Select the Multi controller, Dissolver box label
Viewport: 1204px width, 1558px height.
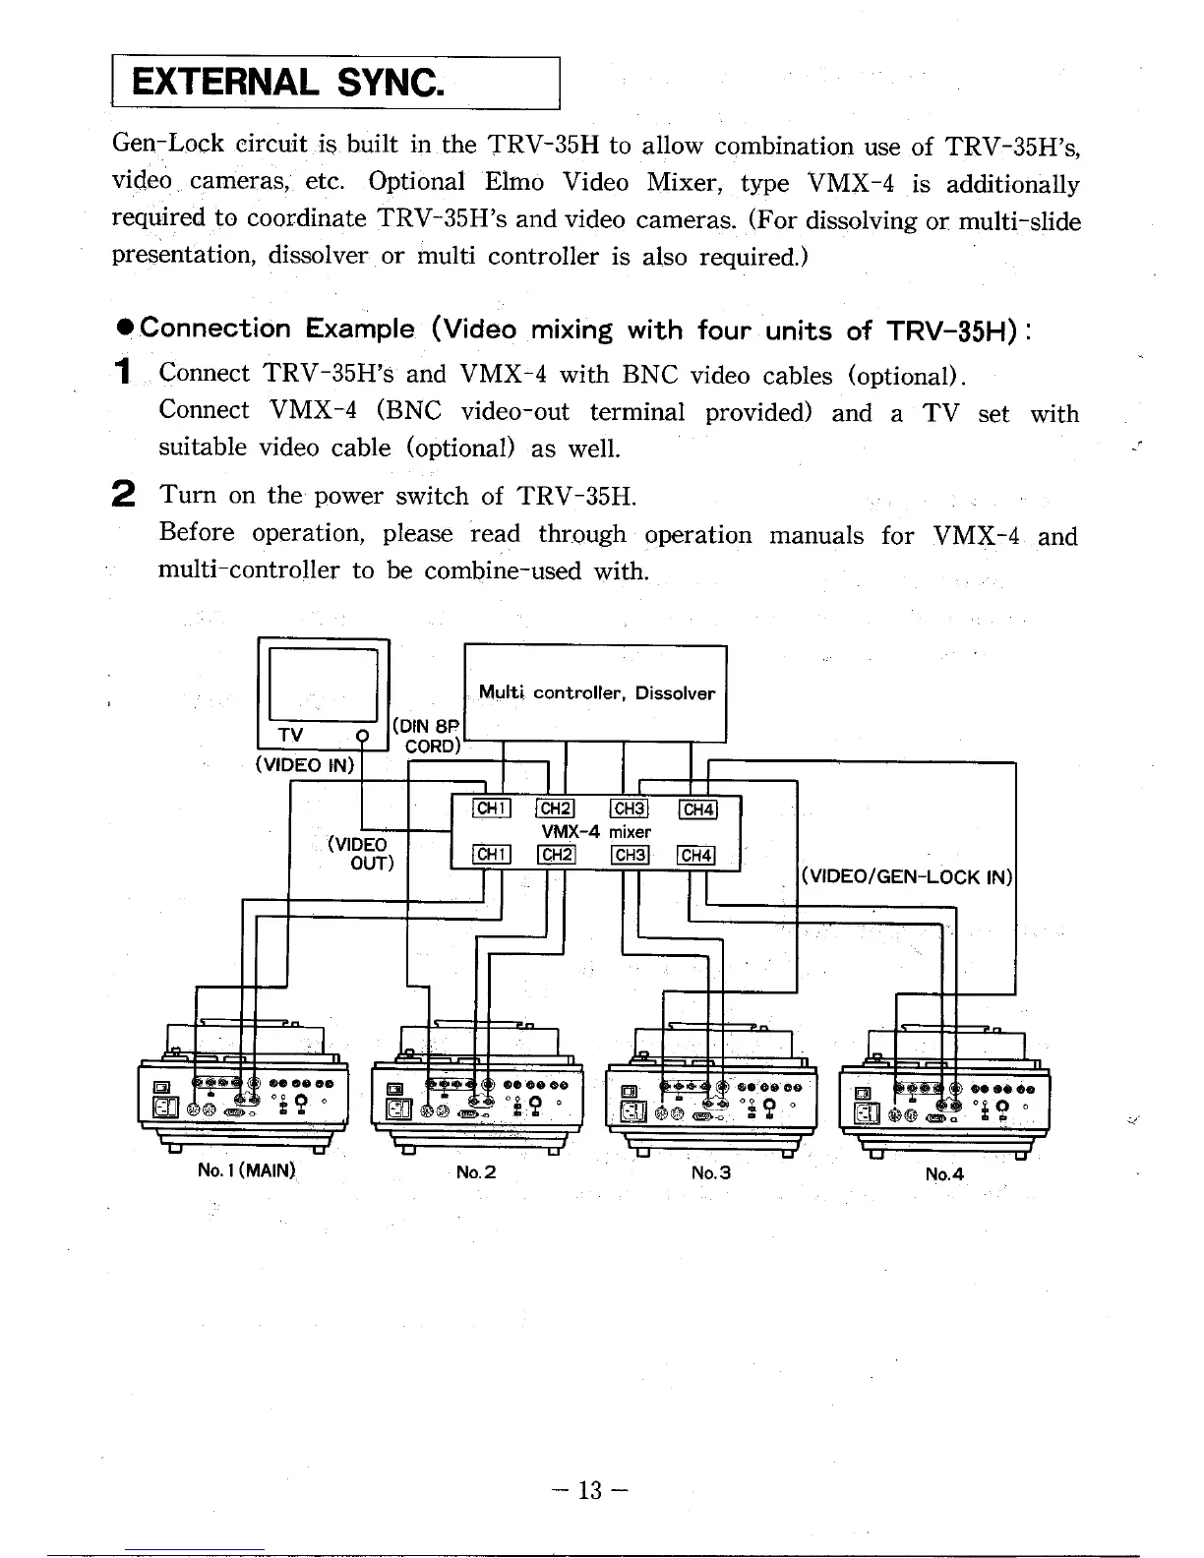pos(596,692)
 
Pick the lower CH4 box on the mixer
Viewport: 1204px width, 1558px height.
pos(696,855)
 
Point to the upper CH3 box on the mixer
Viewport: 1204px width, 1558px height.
pos(629,809)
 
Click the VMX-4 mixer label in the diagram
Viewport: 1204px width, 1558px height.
pos(596,832)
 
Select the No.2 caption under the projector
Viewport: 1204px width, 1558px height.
pos(476,1171)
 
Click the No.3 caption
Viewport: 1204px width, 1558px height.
pos(711,1172)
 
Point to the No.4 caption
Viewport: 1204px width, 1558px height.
pos(944,1173)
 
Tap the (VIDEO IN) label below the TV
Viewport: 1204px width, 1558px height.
pos(303,765)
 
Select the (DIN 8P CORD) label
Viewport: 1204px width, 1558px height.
pos(427,737)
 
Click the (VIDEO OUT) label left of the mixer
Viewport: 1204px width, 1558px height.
pos(361,854)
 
